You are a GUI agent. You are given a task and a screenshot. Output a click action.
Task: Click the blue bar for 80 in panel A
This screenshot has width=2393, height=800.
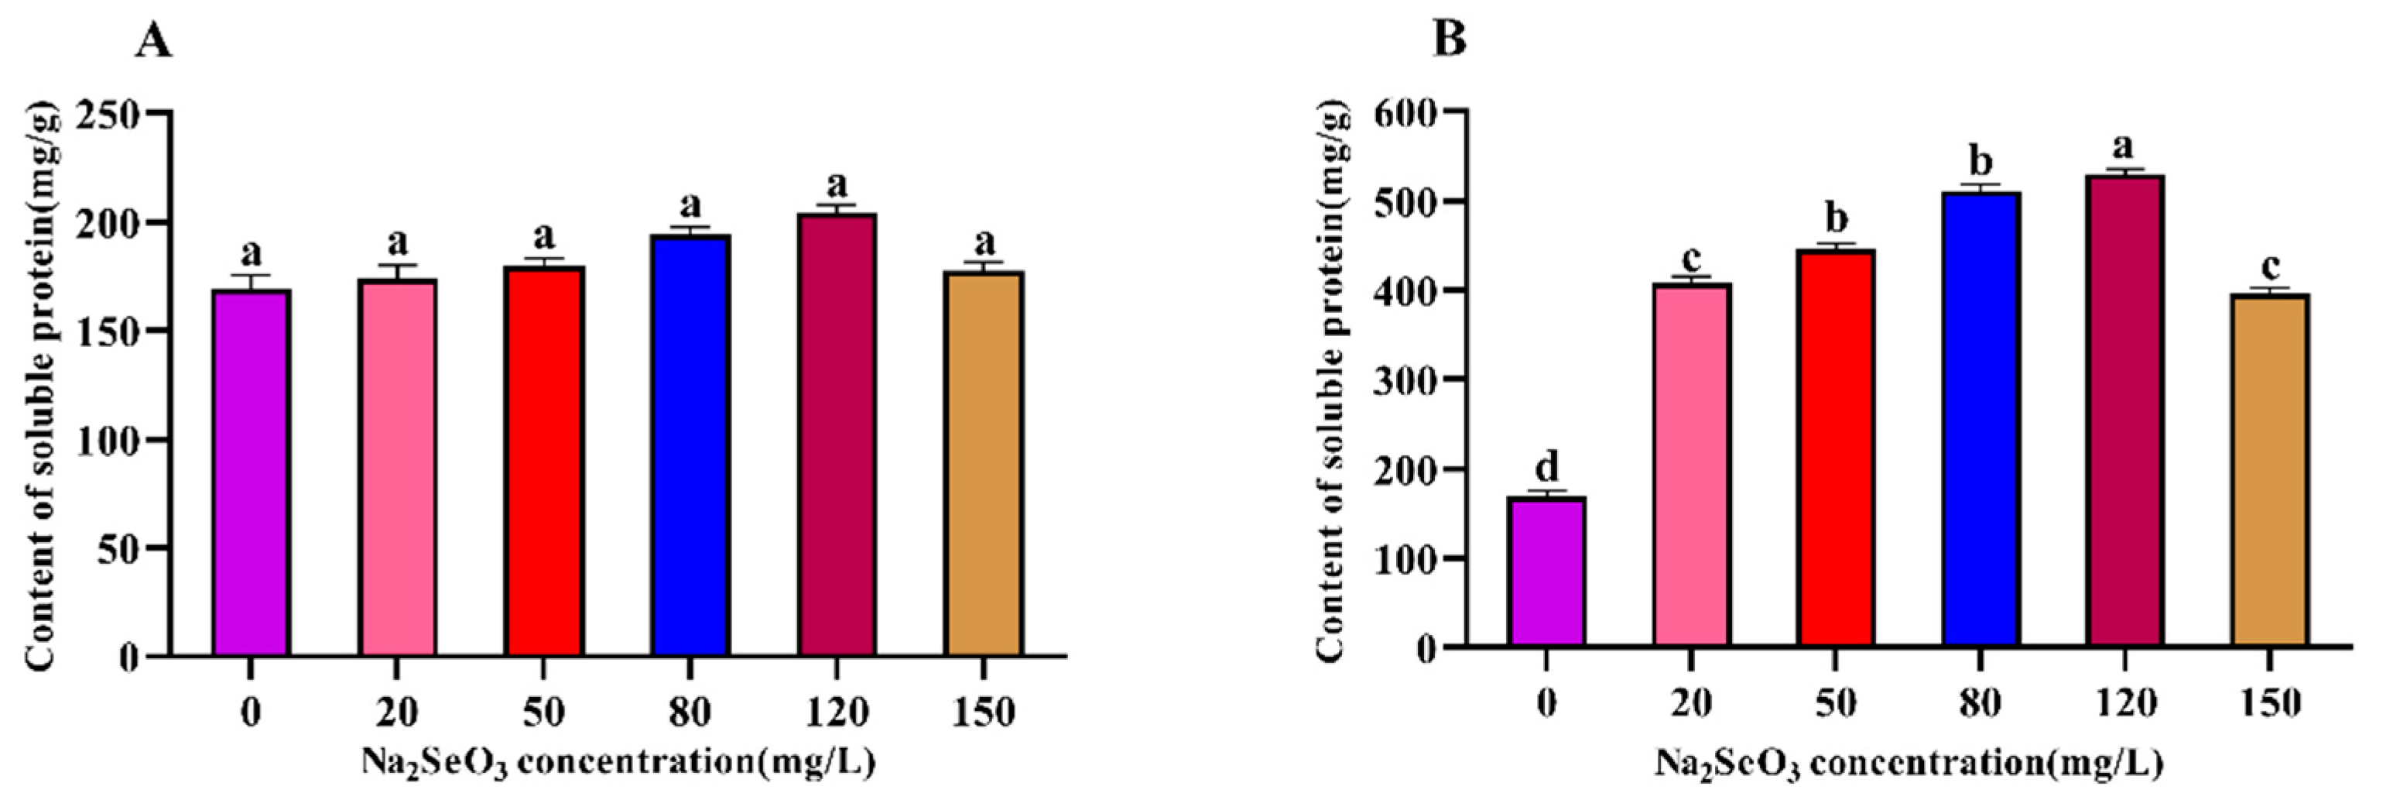pyautogui.click(x=690, y=445)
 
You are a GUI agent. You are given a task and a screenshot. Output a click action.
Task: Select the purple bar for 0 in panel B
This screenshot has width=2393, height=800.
pyautogui.click(x=1547, y=572)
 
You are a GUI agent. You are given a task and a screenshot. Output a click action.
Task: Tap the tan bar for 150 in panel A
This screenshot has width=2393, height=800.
pyautogui.click(x=984, y=464)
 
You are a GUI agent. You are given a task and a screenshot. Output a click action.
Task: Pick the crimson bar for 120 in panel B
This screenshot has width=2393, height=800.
pyautogui.click(x=2125, y=410)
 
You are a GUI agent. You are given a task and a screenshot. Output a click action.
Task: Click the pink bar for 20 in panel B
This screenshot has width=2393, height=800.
pyautogui.click(x=1692, y=465)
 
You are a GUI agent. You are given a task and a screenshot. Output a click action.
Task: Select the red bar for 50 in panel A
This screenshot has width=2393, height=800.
pyautogui.click(x=544, y=461)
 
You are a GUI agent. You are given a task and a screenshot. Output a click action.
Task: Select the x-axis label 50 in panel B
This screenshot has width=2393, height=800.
pyautogui.click(x=1836, y=702)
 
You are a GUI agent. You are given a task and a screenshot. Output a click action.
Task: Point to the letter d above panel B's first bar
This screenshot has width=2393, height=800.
pyautogui.click(x=1547, y=466)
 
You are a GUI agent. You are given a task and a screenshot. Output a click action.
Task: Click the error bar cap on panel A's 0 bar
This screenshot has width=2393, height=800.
pyautogui.click(x=251, y=275)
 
